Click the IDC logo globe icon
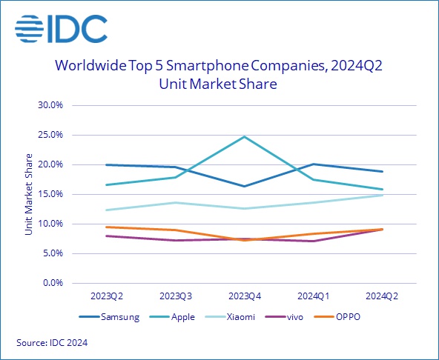pyautogui.click(x=32, y=29)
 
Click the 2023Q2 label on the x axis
pyautogui.click(x=107, y=296)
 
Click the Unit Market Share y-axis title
pyautogui.click(x=29, y=194)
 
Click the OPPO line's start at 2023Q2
pyautogui.click(x=107, y=227)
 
